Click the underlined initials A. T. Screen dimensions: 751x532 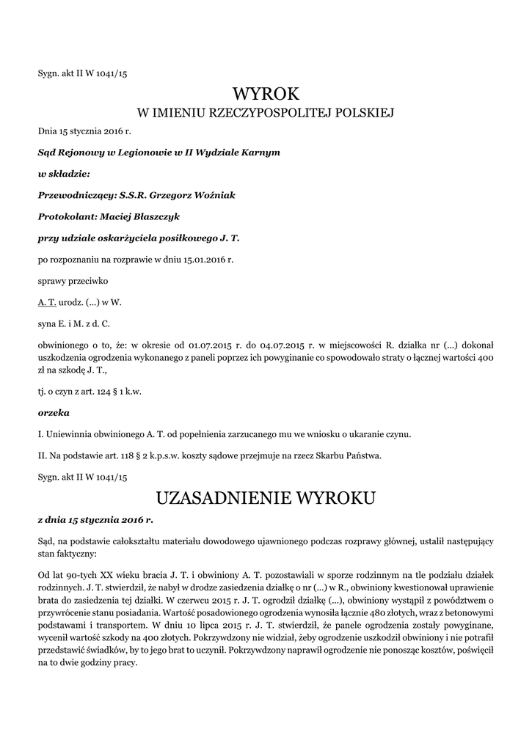(46, 301)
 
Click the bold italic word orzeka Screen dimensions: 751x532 (53, 413)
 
